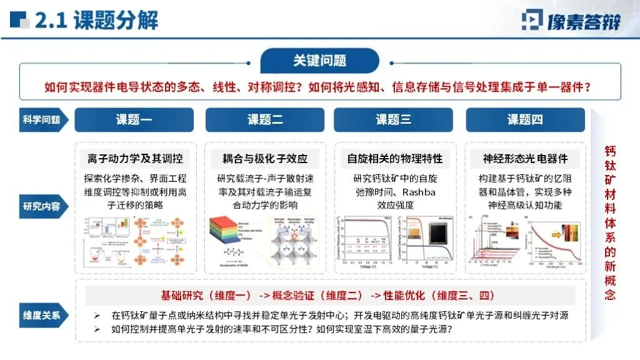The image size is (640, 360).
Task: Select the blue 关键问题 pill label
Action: (x=319, y=61)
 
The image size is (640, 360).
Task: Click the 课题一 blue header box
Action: (x=134, y=119)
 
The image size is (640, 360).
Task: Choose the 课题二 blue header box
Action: (x=265, y=119)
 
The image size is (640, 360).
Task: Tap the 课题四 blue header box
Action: (x=525, y=119)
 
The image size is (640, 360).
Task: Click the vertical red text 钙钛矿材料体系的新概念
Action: (x=609, y=222)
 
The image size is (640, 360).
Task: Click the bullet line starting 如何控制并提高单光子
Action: (x=281, y=329)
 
